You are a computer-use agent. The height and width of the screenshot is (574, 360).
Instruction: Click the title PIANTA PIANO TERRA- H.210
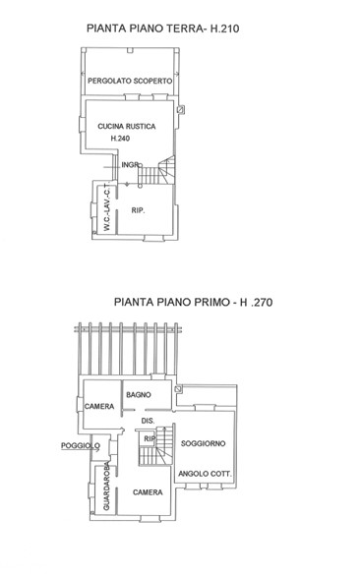(x=163, y=29)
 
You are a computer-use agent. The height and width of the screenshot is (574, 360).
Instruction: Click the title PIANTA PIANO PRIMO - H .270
(x=194, y=302)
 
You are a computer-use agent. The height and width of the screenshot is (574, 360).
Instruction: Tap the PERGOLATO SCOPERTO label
(x=130, y=81)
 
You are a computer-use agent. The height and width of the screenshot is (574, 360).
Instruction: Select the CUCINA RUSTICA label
(x=127, y=126)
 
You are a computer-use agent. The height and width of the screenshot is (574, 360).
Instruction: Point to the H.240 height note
(x=120, y=139)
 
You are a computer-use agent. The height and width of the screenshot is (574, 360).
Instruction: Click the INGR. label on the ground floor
(x=131, y=165)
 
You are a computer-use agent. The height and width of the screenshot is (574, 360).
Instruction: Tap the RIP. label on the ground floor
(x=138, y=210)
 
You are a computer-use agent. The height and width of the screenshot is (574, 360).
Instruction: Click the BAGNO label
(x=139, y=395)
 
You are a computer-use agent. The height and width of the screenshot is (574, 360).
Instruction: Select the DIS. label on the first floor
(x=148, y=421)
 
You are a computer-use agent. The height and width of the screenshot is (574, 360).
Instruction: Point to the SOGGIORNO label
(x=204, y=443)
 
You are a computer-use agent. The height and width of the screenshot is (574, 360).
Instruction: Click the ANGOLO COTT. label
(x=206, y=474)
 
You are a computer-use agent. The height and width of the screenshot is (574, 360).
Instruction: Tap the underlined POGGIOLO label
(x=81, y=446)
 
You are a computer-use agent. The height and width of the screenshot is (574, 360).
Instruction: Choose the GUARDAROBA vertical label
(x=106, y=487)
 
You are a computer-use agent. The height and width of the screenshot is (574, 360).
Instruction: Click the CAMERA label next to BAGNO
(x=99, y=406)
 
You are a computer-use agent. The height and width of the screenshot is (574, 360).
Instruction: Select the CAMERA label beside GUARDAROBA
(x=148, y=492)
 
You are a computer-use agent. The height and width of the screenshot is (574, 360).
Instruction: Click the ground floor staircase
(x=156, y=171)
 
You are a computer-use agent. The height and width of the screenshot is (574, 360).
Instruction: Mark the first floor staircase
(x=155, y=446)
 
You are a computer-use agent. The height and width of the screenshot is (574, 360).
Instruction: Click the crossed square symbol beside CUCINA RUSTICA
(x=181, y=109)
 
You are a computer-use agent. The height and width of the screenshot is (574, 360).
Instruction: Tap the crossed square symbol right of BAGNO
(x=178, y=389)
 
